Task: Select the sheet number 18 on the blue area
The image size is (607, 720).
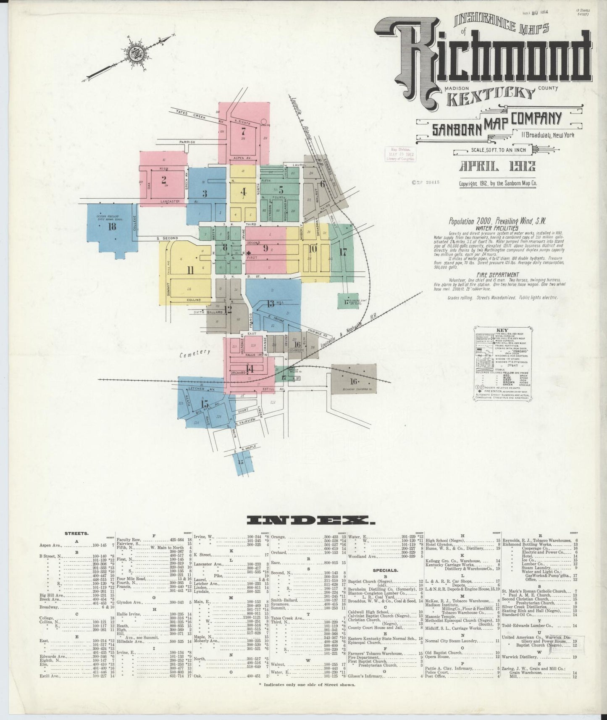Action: (x=112, y=227)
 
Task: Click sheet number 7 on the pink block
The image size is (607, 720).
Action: (x=243, y=130)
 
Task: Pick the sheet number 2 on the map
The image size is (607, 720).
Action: (x=163, y=180)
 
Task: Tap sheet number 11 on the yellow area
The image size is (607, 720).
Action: (x=190, y=270)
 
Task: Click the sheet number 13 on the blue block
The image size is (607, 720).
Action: (x=270, y=303)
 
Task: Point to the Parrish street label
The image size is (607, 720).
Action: (x=187, y=142)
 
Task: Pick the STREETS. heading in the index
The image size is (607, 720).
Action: (x=76, y=533)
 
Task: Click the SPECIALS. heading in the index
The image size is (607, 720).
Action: (x=385, y=570)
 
